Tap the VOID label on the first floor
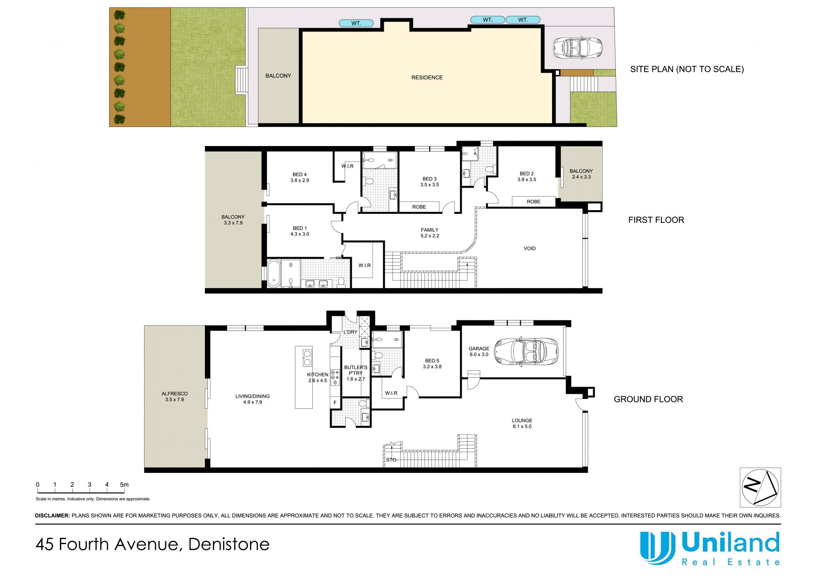[530, 248]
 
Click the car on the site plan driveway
[578, 47]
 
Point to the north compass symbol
[760, 487]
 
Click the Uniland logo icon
[657, 547]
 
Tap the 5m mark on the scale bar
[124, 484]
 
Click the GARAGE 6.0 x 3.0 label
[479, 351]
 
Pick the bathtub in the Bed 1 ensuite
[273, 274]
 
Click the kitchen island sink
[307, 357]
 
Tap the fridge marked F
[335, 403]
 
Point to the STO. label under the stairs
[391, 460]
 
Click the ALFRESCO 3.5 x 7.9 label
[175, 396]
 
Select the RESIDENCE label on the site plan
[427, 77]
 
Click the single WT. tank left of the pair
[356, 23]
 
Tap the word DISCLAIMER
[52, 516]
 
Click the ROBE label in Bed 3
[419, 207]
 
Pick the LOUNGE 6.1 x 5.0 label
[522, 423]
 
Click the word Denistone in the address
[229, 544]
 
